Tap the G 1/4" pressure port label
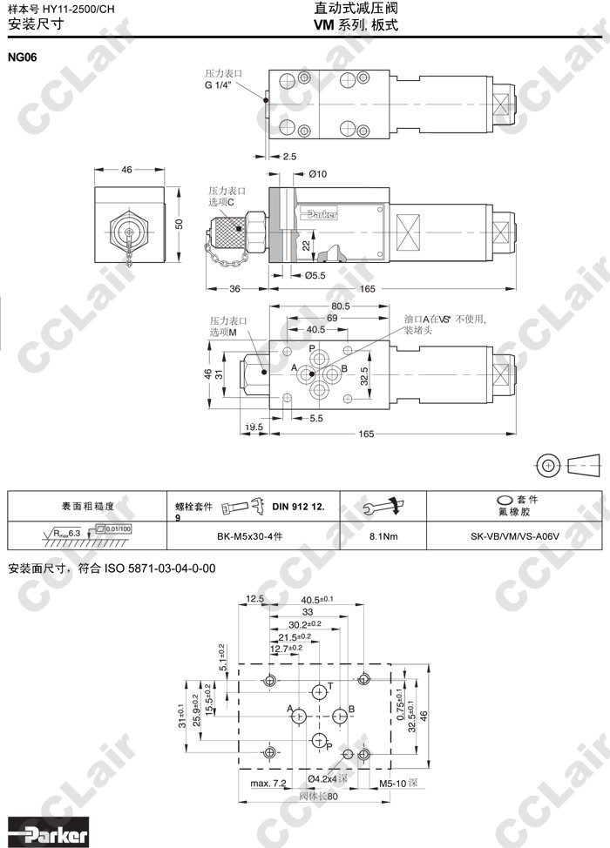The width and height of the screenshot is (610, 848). click(x=219, y=86)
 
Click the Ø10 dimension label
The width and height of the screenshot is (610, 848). click(x=317, y=174)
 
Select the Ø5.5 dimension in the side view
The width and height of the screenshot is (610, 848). click(x=315, y=275)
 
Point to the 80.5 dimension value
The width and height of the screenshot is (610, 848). click(x=339, y=306)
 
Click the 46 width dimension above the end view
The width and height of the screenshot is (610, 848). click(x=126, y=170)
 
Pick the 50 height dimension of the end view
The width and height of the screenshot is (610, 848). click(x=180, y=224)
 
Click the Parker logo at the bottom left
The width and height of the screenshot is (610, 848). click(x=49, y=834)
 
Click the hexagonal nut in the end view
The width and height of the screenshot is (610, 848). click(x=127, y=233)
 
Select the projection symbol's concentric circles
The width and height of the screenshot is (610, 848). click(x=548, y=464)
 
